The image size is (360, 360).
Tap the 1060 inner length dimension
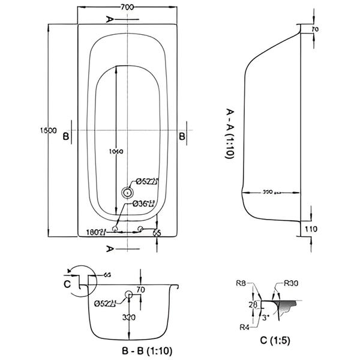pyautogui.click(x=116, y=151)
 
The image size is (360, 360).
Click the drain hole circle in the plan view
pyautogui.click(x=127, y=193)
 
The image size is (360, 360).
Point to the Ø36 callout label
pyautogui.click(x=145, y=204)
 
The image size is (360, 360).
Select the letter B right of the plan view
pyautogui.click(x=181, y=136)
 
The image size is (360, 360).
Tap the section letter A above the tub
pyautogui.click(x=109, y=19)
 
